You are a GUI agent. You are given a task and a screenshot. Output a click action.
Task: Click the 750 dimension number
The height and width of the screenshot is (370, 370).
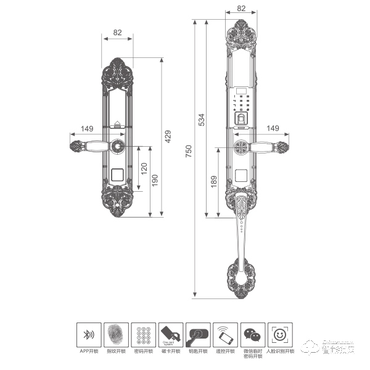click(x=189, y=150)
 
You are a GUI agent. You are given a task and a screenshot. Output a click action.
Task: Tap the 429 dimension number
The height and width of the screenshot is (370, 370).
click(x=166, y=137)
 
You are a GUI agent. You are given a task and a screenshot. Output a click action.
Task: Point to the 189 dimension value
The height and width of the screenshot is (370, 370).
click(x=213, y=182)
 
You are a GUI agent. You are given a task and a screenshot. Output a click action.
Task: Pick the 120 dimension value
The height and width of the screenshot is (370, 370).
click(x=144, y=168)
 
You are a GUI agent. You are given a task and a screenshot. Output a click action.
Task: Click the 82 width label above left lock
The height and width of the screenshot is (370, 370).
click(x=117, y=32)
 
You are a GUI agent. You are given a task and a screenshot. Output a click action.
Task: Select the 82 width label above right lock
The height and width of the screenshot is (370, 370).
click(x=240, y=9)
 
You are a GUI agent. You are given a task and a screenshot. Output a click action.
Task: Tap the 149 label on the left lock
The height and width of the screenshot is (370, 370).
click(x=87, y=129)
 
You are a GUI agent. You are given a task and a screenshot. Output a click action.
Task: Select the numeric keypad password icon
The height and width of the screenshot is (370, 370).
click(x=142, y=335)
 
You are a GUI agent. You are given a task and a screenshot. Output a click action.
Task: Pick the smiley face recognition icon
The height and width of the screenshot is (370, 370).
click(x=279, y=335)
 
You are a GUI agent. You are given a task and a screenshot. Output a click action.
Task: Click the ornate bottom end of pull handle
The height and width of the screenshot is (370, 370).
click(x=240, y=281)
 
